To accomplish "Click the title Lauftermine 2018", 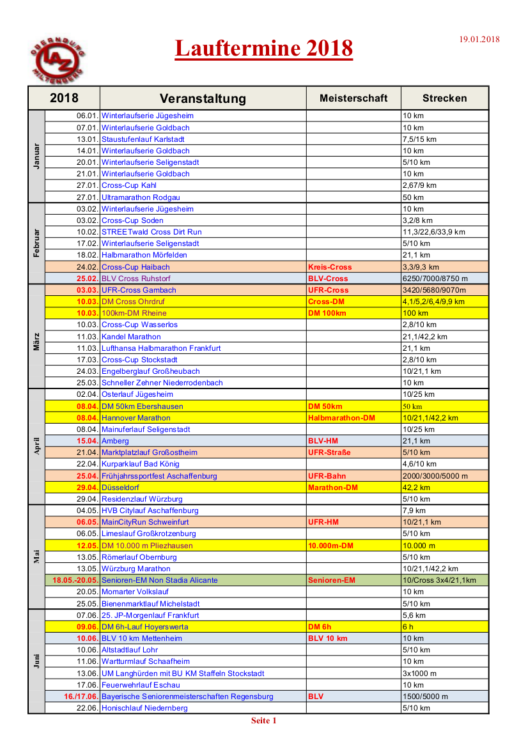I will (263, 49).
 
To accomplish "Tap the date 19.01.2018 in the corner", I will (479, 40).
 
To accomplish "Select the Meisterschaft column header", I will (353, 98).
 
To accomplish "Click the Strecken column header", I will (444, 98).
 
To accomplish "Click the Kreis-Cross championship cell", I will (330, 267).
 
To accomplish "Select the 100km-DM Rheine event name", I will (134, 313).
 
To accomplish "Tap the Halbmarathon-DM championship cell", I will (341, 418).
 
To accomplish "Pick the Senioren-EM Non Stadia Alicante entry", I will (159, 580).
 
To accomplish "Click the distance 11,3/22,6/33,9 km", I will (433, 232).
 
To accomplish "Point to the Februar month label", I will (36, 243).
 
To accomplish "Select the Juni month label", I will (36, 661).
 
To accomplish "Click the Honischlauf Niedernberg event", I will (144, 708).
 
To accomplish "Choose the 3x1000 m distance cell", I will (420, 674).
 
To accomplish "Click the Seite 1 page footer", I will (263, 721).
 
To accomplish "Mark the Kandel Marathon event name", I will (131, 337).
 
